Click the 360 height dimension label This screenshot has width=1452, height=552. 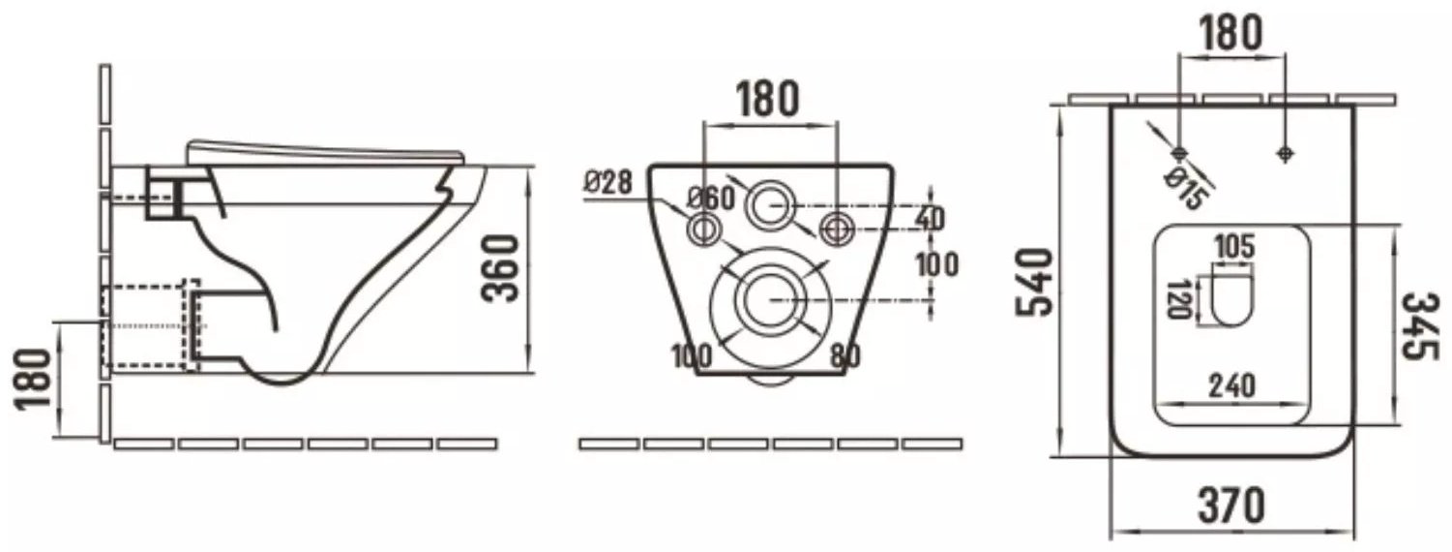point(500,268)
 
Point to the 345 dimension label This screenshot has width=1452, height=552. point(1419,325)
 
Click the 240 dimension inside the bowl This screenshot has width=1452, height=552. point(1231,386)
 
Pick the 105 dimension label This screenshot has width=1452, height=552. point(1235,247)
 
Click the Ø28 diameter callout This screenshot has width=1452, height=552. point(607,182)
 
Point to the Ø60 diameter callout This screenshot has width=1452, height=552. point(711,199)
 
